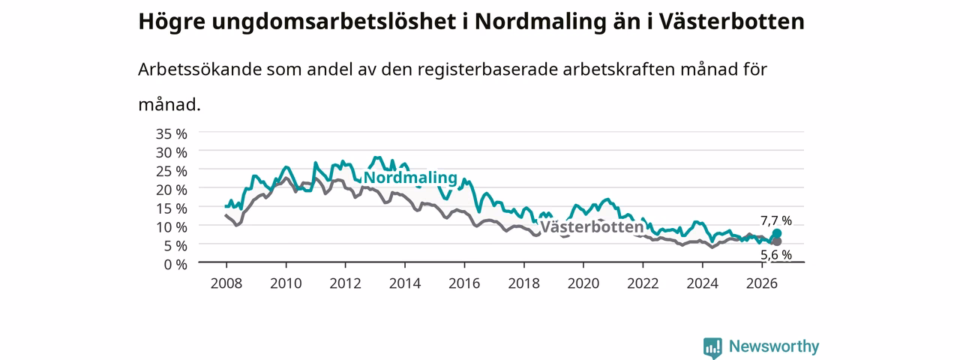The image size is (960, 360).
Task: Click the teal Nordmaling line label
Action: [x=410, y=178]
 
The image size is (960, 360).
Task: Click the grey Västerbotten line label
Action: [x=592, y=226]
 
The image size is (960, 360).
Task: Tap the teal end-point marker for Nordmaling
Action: [x=776, y=233]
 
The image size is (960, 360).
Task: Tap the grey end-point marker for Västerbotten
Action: [x=776, y=241]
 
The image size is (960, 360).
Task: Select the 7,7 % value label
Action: [x=776, y=220]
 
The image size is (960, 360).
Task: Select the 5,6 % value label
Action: [x=776, y=255]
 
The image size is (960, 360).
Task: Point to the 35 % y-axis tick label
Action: [x=172, y=134]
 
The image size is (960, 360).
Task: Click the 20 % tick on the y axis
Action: [x=172, y=190]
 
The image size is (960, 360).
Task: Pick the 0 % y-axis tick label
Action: [x=175, y=265]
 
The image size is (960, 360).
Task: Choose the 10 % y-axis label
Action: [x=172, y=227]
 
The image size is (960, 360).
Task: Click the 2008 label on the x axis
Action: [x=226, y=283]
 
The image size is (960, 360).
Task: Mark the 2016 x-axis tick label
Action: [x=464, y=283]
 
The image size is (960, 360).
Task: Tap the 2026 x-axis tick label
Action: [x=762, y=283]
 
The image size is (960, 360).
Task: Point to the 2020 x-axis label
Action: [x=583, y=283]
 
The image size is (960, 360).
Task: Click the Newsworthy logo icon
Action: [x=712, y=347]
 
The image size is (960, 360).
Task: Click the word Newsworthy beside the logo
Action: [x=774, y=346]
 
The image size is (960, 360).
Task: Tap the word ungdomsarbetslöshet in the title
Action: [x=334, y=21]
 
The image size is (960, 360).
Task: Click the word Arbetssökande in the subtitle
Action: [x=199, y=70]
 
